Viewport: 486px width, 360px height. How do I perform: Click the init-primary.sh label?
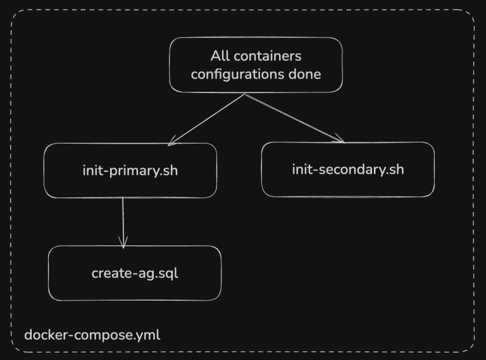click(130, 170)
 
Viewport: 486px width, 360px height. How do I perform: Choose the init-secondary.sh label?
click(347, 170)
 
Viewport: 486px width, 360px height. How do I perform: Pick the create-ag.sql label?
click(135, 273)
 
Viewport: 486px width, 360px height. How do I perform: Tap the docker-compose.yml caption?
click(92, 335)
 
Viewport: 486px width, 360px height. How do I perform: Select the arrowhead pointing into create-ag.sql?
click(123, 243)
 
